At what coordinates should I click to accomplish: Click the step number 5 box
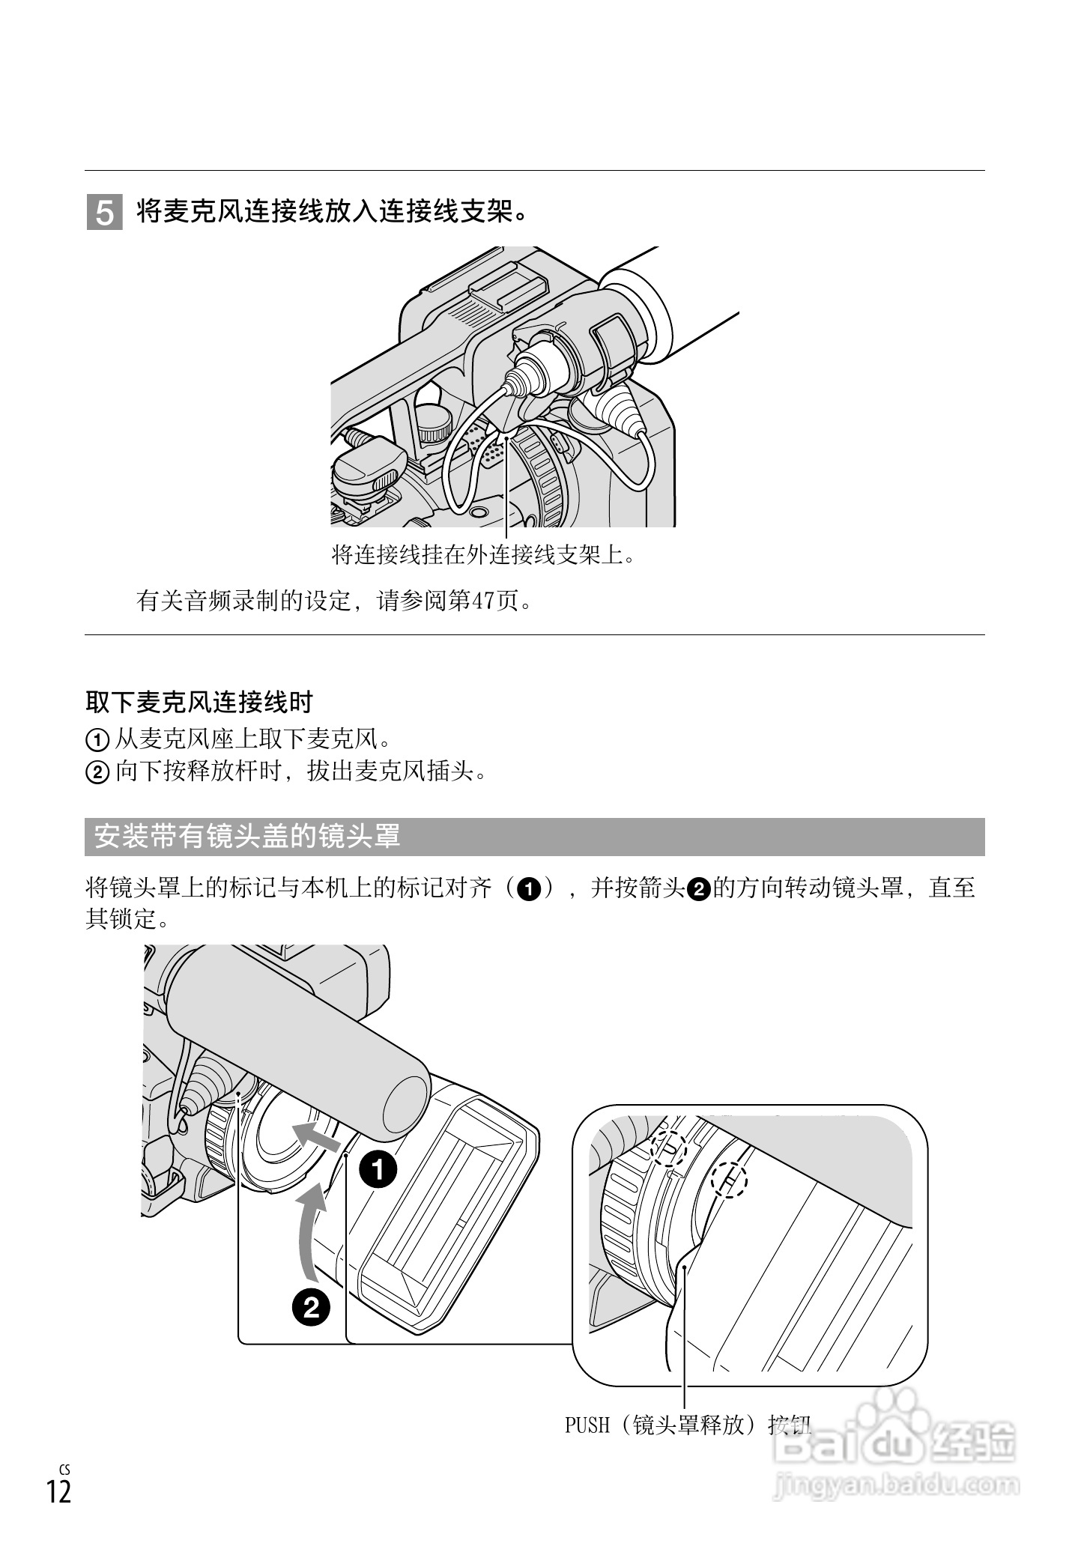click(105, 213)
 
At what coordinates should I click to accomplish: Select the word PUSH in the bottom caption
click(587, 1425)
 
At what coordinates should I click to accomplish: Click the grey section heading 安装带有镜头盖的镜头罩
click(247, 837)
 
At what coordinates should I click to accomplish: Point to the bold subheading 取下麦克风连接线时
click(199, 702)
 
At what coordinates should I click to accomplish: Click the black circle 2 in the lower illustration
click(311, 1307)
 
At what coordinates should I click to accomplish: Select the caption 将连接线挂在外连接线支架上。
click(483, 555)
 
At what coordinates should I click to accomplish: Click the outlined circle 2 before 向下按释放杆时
click(97, 772)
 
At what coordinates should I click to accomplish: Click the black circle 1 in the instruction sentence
click(530, 889)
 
